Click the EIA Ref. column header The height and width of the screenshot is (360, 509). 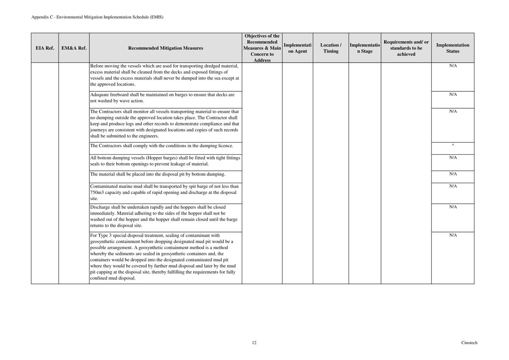click(45, 48)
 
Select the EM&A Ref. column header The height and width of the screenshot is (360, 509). click(74, 48)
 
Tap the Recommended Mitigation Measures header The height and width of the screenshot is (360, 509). click(165, 48)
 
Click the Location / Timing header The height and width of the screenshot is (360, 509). click(331, 48)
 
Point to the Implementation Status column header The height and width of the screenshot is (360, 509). click(452, 48)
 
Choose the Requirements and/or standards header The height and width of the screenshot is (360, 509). click(406, 48)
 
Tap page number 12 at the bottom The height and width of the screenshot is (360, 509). click(254, 343)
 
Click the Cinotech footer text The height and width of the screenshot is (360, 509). click(469, 343)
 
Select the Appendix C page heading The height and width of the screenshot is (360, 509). click(97, 17)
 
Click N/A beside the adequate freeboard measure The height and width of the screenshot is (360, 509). click(453, 95)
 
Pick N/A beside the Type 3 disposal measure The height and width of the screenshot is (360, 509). click(453, 235)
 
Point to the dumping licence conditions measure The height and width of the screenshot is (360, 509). click(161, 146)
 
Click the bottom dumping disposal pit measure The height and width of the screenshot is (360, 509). click(157, 174)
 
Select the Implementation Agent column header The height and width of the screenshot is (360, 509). click(297, 48)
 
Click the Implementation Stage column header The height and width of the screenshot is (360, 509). click(365, 48)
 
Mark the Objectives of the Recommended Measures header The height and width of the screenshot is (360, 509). click(262, 48)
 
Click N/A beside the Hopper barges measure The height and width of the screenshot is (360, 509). click(453, 158)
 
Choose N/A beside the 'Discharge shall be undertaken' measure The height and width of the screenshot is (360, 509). click(453, 207)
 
